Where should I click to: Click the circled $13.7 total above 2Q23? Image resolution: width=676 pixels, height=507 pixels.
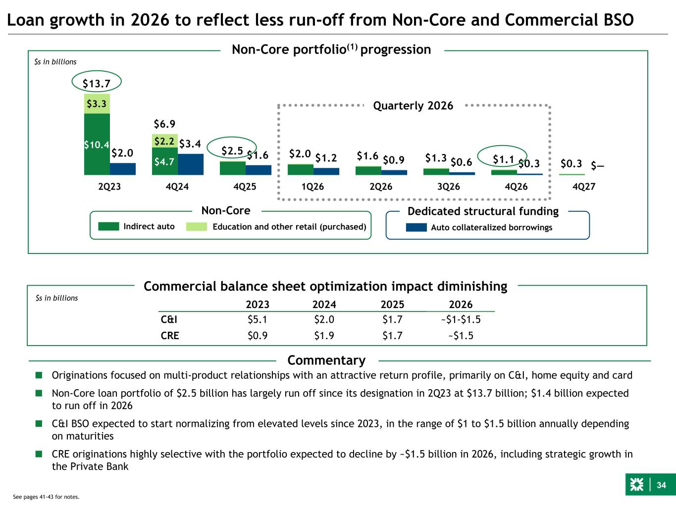[x=96, y=83]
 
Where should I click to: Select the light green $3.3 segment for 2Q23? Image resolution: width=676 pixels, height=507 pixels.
[x=97, y=104]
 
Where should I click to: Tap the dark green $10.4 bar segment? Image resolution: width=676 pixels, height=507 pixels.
[x=97, y=145]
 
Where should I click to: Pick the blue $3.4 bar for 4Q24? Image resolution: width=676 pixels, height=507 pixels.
[x=190, y=164]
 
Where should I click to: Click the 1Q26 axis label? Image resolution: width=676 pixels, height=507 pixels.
[x=313, y=187]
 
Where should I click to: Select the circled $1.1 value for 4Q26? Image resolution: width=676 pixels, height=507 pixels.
[x=502, y=158]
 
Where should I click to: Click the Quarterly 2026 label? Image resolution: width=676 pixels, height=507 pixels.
[x=413, y=105]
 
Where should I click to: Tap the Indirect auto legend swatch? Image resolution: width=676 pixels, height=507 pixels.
[x=108, y=227]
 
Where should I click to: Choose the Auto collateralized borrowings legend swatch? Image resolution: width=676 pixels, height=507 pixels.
[x=416, y=227]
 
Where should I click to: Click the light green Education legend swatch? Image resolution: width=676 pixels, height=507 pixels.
[x=196, y=227]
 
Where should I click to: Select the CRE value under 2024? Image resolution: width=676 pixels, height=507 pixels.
[x=324, y=336]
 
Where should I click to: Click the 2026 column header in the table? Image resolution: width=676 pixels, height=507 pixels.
[x=461, y=304]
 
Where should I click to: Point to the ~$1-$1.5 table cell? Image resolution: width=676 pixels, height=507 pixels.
[x=461, y=319]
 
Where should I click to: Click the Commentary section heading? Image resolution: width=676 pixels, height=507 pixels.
[x=326, y=360]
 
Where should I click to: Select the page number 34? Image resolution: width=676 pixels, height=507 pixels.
[x=662, y=485]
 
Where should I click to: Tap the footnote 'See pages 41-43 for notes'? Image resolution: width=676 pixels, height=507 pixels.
[x=46, y=497]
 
